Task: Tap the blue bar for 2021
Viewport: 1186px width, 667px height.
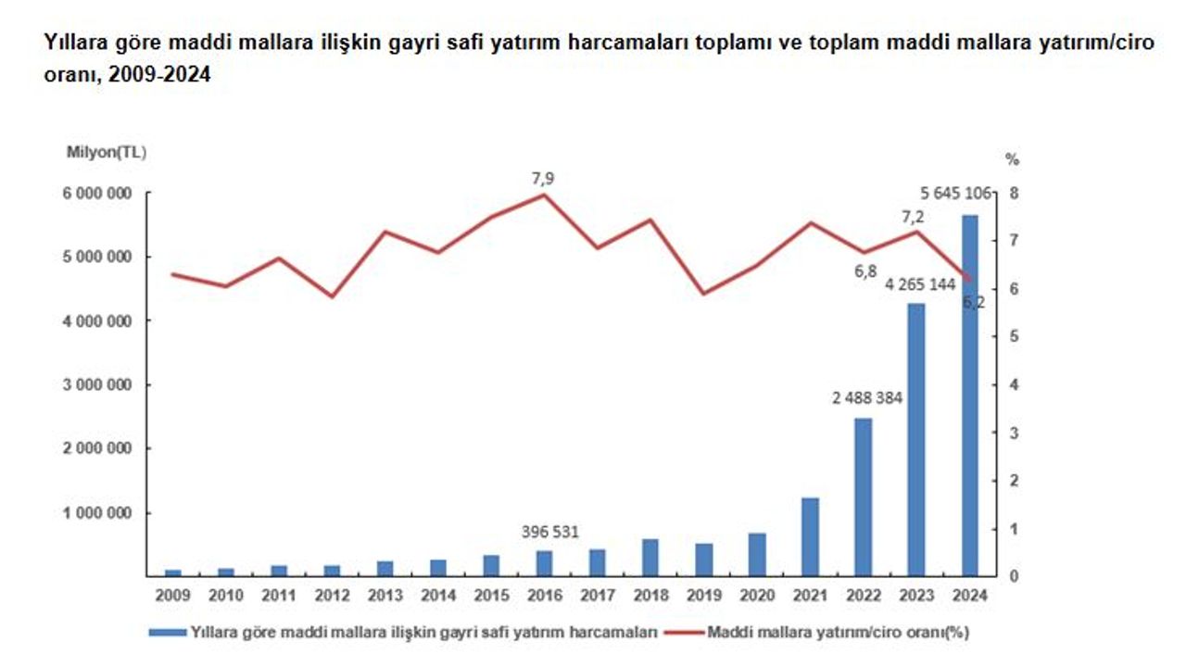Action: [810, 537]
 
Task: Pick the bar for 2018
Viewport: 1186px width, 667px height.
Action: [650, 558]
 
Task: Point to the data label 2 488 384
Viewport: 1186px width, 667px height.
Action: [866, 398]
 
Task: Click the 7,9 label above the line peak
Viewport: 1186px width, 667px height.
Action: [543, 178]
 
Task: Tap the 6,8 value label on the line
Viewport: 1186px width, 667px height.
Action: [864, 271]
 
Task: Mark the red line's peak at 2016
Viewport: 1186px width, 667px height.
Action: [545, 195]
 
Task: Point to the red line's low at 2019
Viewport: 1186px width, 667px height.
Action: [704, 294]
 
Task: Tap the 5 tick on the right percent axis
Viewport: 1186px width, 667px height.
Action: [1013, 337]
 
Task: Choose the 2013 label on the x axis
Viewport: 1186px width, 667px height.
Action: [385, 597]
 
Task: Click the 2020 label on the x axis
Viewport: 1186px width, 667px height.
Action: [757, 597]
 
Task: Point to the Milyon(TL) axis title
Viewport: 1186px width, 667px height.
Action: [106, 151]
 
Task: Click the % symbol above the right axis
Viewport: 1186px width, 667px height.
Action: [1013, 159]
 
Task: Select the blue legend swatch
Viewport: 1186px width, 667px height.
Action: [167, 633]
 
